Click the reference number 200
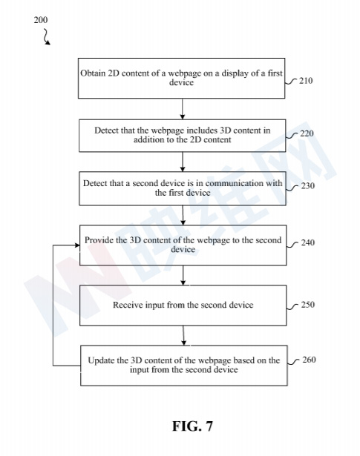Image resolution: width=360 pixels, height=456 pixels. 41,20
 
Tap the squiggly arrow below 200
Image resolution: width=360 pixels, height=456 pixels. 47,36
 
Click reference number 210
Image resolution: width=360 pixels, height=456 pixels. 306,81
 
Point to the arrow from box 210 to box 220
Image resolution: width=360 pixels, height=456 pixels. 183,109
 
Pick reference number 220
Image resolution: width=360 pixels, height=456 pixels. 307,133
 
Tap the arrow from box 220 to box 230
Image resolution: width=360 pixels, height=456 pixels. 183,162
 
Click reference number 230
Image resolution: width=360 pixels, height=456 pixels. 307,185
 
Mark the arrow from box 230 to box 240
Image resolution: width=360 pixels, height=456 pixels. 183,215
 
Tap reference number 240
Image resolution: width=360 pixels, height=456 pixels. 308,242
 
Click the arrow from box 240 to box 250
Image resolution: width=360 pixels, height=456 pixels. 183,275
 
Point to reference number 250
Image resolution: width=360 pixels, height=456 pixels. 308,305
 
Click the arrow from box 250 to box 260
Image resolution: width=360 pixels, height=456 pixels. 183,336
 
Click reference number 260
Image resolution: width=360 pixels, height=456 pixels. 309,360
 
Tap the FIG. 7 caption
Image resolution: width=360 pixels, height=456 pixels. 193,426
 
